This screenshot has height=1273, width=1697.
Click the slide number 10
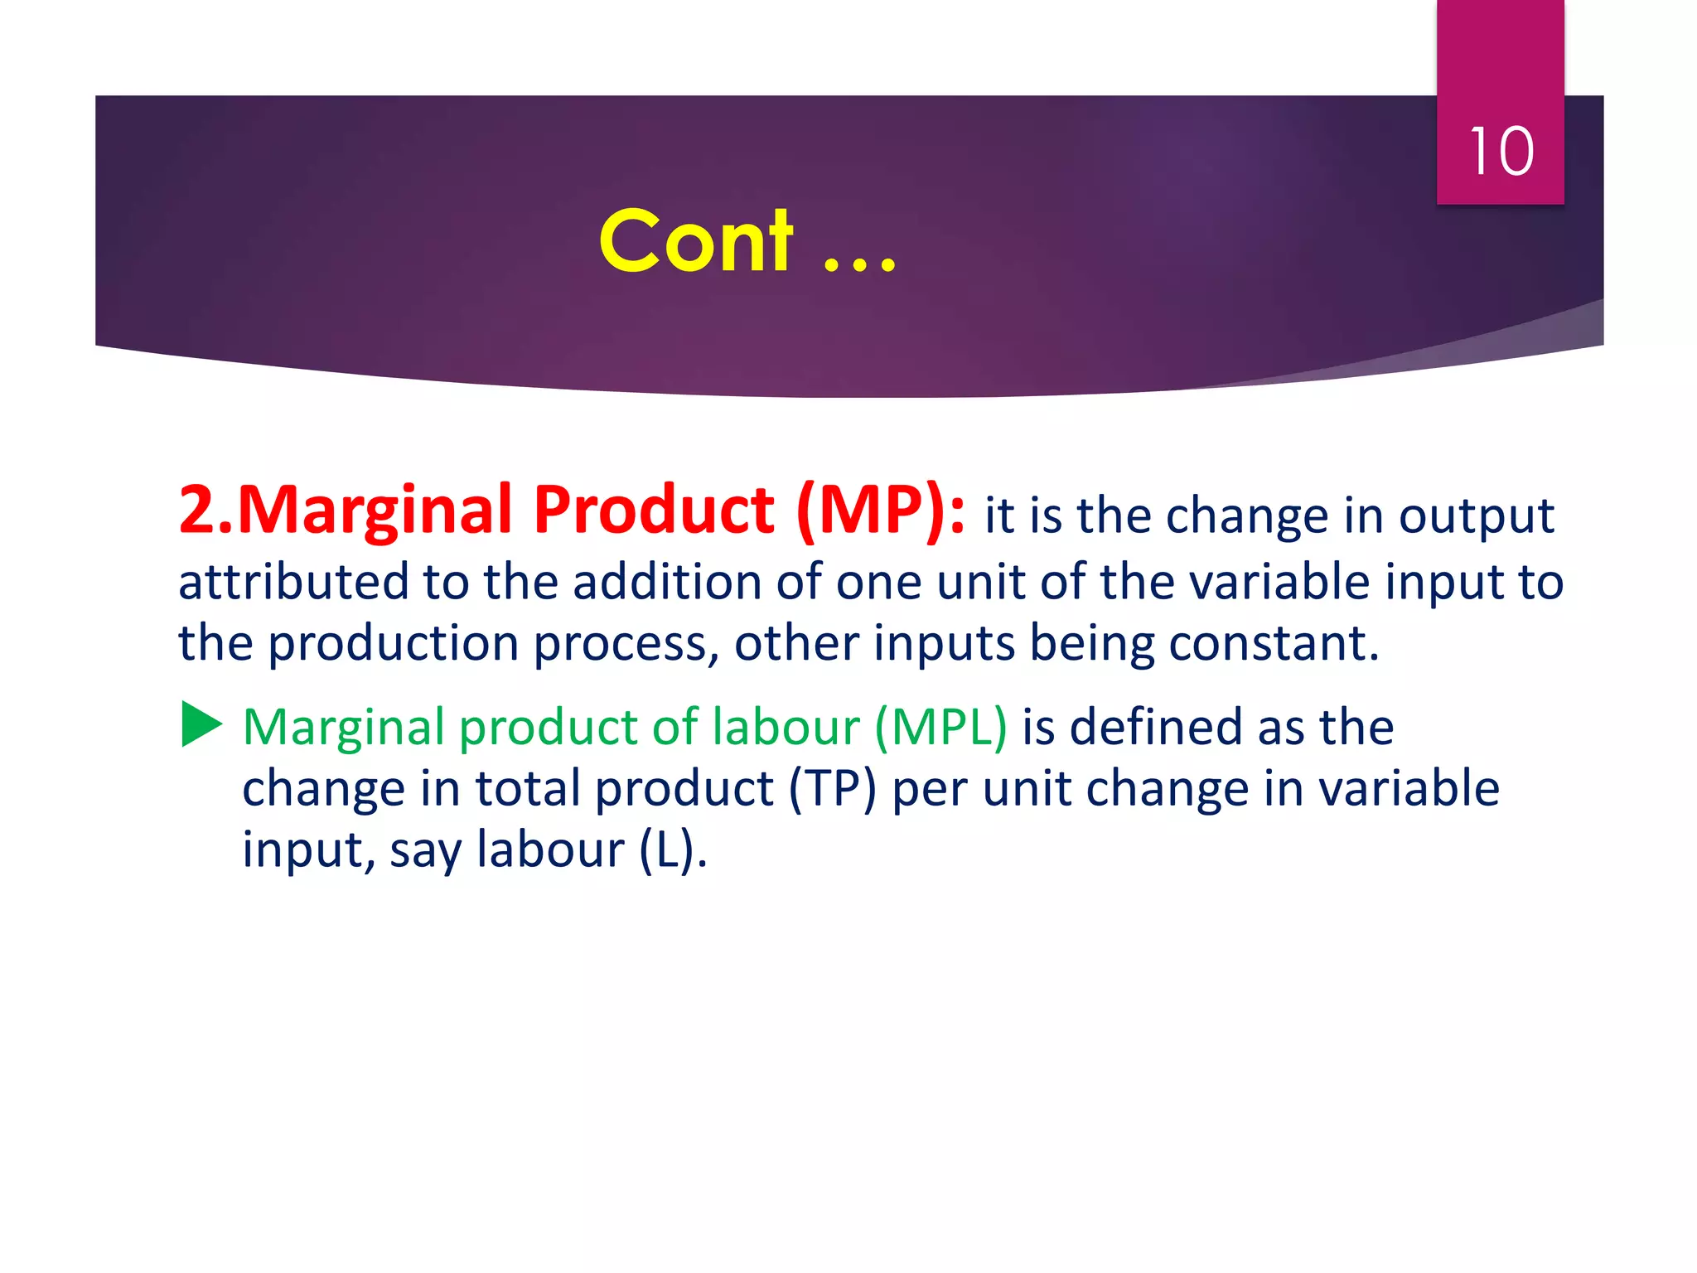[x=1501, y=152]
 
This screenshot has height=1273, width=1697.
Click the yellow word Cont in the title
[x=696, y=241]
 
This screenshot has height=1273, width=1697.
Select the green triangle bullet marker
[x=201, y=724]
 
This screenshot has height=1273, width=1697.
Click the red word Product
[x=655, y=510]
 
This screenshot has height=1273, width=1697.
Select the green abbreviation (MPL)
[x=940, y=728]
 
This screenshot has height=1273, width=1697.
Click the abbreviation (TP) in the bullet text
[x=831, y=789]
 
